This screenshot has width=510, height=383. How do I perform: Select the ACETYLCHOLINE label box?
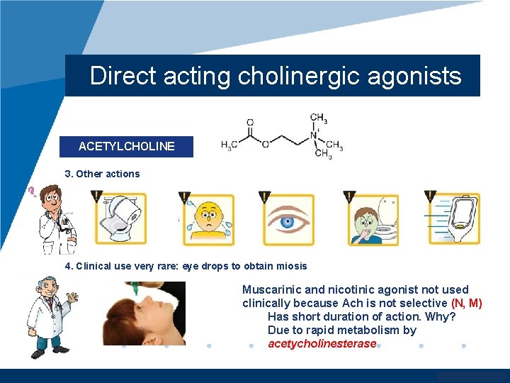[126, 146]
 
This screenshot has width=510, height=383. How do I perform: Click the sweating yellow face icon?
[209, 219]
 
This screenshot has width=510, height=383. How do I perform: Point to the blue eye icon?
[288, 219]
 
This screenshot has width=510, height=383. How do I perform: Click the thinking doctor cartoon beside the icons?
[57, 219]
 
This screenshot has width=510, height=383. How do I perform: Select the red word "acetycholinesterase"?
[322, 344]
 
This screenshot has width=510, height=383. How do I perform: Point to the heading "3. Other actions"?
[102, 174]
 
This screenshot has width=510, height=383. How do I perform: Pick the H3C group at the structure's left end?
[229, 146]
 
